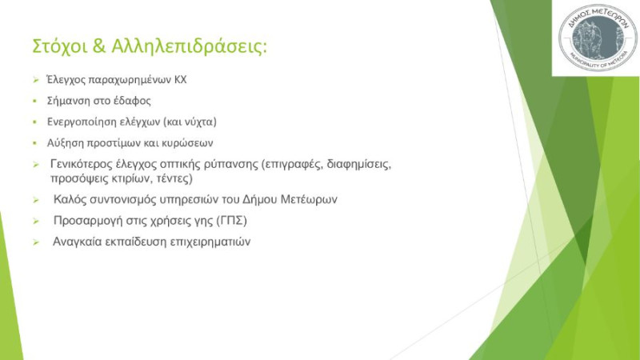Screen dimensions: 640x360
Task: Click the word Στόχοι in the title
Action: point(59,46)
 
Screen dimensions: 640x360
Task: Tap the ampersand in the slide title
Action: point(99,46)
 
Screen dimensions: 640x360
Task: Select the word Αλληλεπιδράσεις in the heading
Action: point(189,46)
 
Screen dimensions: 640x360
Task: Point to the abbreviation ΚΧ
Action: point(181,79)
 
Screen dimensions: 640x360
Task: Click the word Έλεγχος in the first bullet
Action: point(66,79)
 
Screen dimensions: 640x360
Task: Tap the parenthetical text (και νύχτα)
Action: point(190,122)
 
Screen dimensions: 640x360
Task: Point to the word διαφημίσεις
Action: point(359,165)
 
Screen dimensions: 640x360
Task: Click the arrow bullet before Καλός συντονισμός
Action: point(36,200)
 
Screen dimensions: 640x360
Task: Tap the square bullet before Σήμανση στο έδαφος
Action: point(35,101)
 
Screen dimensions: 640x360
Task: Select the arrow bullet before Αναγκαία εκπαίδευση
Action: point(36,242)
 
